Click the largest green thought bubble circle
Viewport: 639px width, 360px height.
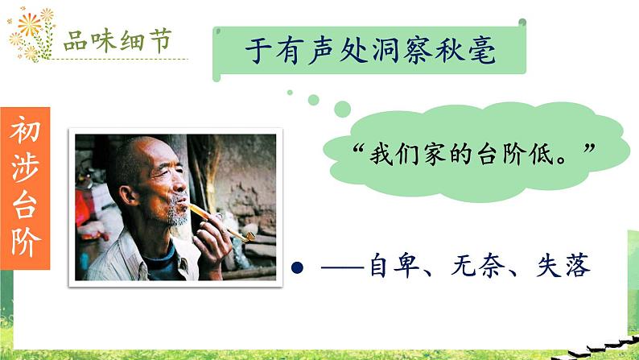(342, 108)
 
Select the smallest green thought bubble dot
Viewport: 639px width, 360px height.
(290, 91)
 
